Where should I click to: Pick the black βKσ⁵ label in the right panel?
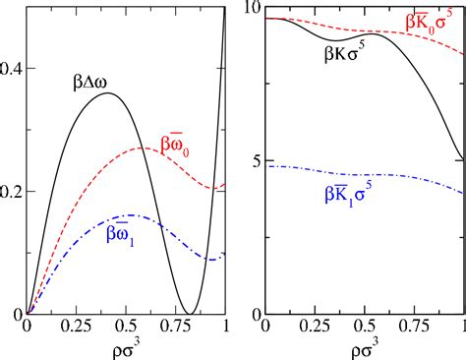click(x=352, y=56)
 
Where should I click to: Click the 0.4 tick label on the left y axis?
click(x=13, y=69)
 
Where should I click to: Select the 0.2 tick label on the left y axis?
click(x=13, y=191)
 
